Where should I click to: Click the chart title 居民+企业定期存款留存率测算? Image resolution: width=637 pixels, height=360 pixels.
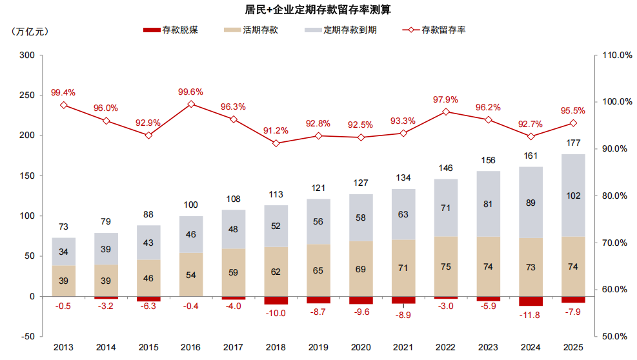(318, 10)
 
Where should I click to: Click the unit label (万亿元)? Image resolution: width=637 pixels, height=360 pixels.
(30, 30)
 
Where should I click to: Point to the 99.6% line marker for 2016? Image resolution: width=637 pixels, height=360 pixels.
(191, 104)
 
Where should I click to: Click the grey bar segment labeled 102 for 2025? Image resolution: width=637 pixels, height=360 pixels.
(573, 195)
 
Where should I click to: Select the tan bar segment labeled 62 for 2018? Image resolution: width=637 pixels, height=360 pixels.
(276, 272)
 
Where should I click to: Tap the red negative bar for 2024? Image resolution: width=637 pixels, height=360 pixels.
(531, 301)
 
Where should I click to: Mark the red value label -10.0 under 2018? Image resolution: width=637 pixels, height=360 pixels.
(276, 314)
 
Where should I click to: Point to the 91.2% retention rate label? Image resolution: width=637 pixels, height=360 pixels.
(276, 130)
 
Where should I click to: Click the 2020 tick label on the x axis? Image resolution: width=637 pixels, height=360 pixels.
(361, 348)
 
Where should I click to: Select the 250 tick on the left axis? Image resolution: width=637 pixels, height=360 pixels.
(27, 95)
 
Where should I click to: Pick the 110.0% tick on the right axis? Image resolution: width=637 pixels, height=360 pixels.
(616, 55)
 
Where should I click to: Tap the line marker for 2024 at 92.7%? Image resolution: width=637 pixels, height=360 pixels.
(531, 136)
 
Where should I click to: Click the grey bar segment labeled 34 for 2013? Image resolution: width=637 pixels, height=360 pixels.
(64, 252)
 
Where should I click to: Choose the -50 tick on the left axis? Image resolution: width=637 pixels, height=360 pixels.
(27, 336)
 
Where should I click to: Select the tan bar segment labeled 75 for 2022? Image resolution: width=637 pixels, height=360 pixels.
(446, 266)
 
